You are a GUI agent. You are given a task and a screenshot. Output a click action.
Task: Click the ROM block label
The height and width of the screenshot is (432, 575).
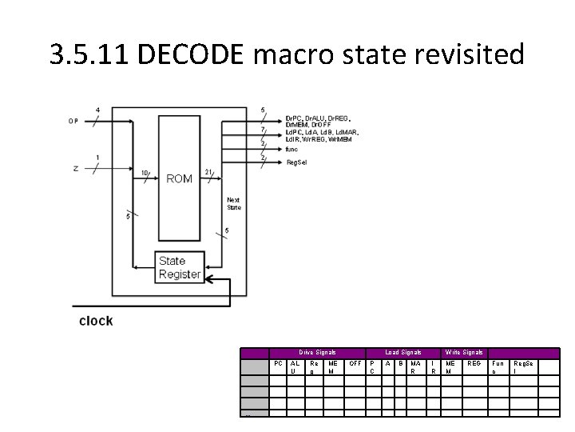pos(179,178)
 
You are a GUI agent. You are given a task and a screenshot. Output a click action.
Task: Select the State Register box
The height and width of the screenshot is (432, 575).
pos(179,267)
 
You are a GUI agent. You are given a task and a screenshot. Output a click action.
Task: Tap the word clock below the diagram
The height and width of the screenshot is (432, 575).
pos(96,321)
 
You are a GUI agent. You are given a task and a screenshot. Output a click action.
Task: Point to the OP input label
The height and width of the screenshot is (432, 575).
pos(73,122)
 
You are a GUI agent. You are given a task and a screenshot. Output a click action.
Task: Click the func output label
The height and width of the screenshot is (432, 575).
pos(291,148)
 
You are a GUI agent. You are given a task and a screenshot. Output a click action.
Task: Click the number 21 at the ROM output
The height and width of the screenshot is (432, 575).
pos(208,172)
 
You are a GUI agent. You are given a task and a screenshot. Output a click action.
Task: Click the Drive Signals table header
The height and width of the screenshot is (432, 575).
pos(317,352)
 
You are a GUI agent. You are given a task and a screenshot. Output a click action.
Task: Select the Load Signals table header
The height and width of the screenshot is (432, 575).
pos(402,352)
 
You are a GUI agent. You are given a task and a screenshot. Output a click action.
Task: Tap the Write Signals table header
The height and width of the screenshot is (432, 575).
pos(463,352)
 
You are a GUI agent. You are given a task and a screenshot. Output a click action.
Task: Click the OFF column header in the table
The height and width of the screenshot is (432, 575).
pos(356,363)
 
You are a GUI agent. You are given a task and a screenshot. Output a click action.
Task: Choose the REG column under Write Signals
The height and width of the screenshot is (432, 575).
pos(474,363)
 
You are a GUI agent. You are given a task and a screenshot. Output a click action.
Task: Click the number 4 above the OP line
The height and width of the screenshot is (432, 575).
pos(97,110)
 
